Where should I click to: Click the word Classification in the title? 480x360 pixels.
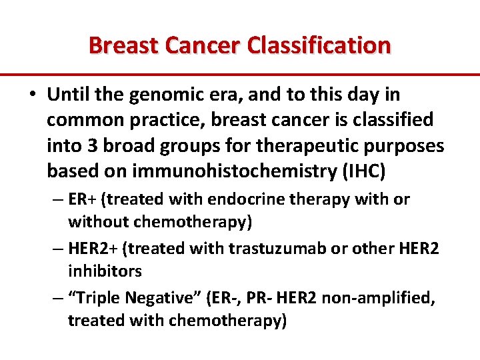click(x=319, y=46)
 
